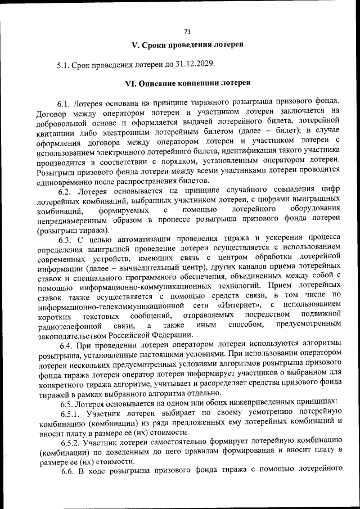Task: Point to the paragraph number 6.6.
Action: click(x=68, y=471)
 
